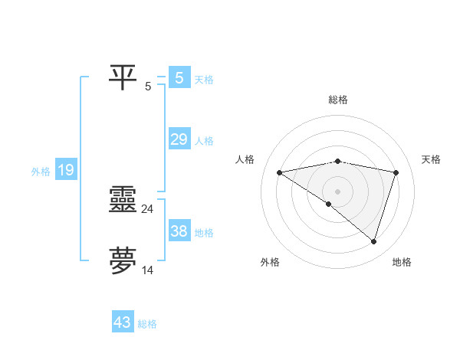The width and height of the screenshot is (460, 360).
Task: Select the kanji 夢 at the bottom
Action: click(x=123, y=261)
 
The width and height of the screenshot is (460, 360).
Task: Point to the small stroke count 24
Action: click(x=148, y=208)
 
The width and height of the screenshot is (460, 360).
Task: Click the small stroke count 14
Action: click(x=148, y=270)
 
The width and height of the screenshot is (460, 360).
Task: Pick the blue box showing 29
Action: click(x=179, y=139)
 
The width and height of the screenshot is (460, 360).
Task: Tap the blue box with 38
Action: click(x=179, y=231)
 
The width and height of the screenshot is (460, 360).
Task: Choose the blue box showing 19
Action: click(x=66, y=170)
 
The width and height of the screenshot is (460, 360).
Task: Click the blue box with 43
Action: click(x=123, y=322)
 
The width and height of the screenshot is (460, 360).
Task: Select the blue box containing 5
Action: click(x=179, y=77)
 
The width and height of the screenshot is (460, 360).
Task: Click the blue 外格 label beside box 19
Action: click(x=41, y=172)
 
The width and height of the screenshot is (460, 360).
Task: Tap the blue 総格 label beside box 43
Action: click(x=147, y=324)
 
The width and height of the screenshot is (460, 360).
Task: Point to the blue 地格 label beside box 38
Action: click(x=204, y=233)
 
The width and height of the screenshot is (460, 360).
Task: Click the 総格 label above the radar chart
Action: click(x=337, y=100)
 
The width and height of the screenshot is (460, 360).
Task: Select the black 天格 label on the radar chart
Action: click(x=431, y=159)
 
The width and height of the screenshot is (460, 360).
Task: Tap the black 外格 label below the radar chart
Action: click(x=270, y=263)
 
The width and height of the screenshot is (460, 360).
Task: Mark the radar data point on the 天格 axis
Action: click(x=396, y=172)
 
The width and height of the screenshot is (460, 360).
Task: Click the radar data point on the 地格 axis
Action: click(x=373, y=242)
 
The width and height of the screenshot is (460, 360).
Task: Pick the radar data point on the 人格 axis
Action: click(x=279, y=172)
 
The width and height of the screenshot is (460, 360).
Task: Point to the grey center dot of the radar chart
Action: click(x=337, y=191)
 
